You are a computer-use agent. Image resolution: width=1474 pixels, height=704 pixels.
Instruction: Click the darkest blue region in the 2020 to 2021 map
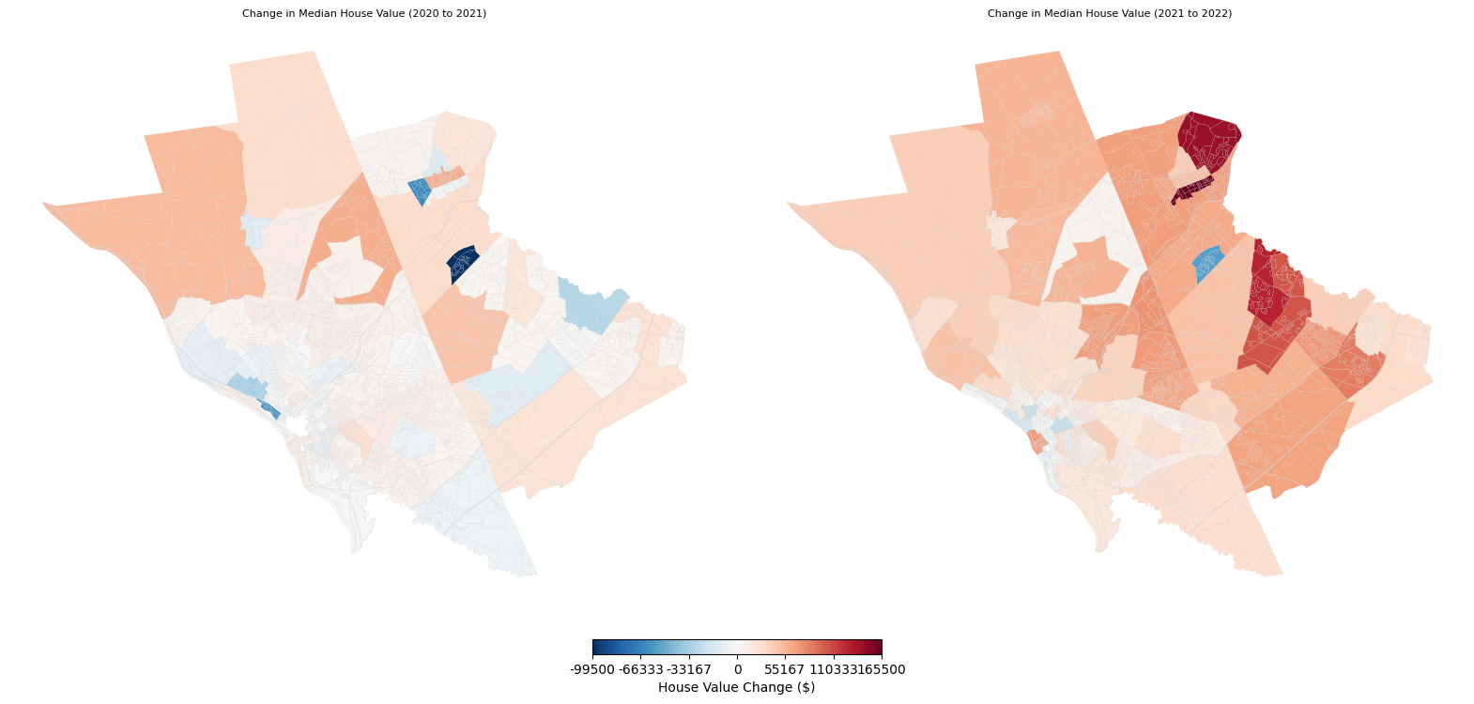click(461, 264)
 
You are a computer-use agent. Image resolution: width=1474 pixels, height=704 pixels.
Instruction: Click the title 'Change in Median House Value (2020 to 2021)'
click(364, 14)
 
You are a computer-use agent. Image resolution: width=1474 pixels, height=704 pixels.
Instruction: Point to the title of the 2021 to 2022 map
click(1110, 14)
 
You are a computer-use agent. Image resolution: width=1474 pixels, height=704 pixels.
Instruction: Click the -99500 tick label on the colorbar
click(592, 670)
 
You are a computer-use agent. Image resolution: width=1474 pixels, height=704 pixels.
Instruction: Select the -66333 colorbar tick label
click(640, 670)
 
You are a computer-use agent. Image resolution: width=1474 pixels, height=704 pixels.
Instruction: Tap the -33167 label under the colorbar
click(689, 670)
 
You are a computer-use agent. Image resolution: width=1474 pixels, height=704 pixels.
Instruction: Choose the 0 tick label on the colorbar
click(738, 670)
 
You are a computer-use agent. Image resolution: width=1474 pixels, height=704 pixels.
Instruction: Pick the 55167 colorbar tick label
click(785, 670)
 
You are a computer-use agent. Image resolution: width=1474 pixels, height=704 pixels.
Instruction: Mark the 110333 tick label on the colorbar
click(832, 670)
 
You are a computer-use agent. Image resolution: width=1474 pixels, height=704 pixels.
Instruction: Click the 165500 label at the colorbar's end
click(883, 670)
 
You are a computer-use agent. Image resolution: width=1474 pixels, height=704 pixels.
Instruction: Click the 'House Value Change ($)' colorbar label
click(737, 687)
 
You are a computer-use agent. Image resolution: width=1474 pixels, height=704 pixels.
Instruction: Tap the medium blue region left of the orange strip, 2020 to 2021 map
click(420, 191)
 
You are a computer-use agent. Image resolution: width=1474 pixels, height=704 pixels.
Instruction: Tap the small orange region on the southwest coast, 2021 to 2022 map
click(1037, 440)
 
